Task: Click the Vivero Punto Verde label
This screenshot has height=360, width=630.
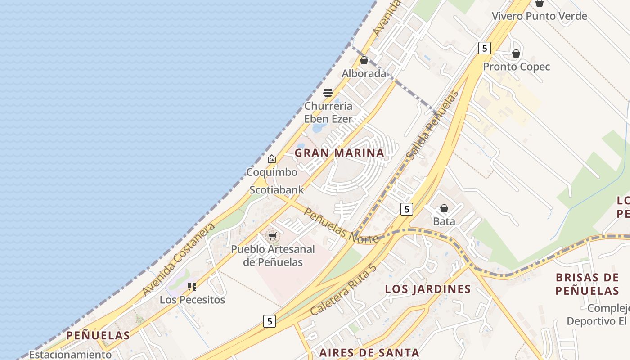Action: [x=539, y=16]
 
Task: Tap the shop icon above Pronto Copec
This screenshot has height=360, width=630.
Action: [x=516, y=54]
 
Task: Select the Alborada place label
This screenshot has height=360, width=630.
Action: [x=364, y=73]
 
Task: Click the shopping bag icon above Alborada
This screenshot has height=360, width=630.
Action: [x=364, y=60]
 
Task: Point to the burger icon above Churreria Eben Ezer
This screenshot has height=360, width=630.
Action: [x=328, y=93]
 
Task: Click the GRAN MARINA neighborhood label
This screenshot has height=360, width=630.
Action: [x=339, y=153]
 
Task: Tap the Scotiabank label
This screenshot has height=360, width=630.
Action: [x=277, y=190]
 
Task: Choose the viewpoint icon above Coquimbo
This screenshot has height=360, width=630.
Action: [x=272, y=159]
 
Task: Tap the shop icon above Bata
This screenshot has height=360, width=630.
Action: [x=444, y=208]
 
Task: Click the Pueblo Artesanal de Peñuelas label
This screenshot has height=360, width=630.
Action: [x=273, y=256]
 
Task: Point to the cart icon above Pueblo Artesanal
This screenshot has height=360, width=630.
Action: [x=272, y=236]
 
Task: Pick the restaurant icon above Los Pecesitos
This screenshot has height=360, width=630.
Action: [x=192, y=286]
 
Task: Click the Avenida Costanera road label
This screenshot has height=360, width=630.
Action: [x=179, y=260]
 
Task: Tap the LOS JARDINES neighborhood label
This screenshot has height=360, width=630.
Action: [x=427, y=289]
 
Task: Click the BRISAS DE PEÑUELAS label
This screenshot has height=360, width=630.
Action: [x=587, y=284]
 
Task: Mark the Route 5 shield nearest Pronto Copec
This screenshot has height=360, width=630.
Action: [x=484, y=48]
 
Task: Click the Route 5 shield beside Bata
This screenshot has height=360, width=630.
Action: [x=406, y=209]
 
